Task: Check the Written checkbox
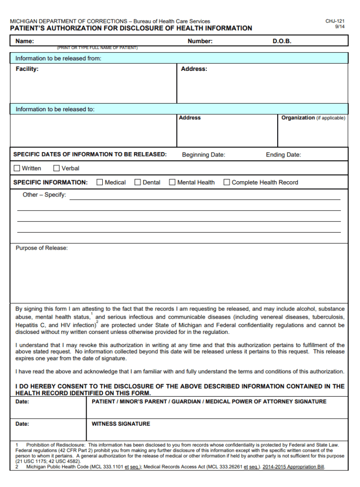(x=17, y=168)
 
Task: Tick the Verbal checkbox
(x=57, y=168)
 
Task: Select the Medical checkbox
(x=100, y=182)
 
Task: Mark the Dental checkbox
(x=138, y=182)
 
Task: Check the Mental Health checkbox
(x=172, y=182)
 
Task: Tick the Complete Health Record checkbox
(x=227, y=182)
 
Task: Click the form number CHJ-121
(x=335, y=21)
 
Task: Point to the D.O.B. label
(x=282, y=41)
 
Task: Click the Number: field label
(x=200, y=41)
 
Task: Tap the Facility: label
(x=27, y=69)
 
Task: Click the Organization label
(x=298, y=118)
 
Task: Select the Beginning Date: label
(x=204, y=155)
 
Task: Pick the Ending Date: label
(x=283, y=155)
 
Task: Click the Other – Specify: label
(x=44, y=195)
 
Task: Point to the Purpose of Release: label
(x=42, y=248)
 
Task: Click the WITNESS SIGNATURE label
(x=121, y=424)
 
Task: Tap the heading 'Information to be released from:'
(x=58, y=58)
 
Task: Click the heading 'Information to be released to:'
(x=55, y=109)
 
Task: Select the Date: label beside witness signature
(x=22, y=424)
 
